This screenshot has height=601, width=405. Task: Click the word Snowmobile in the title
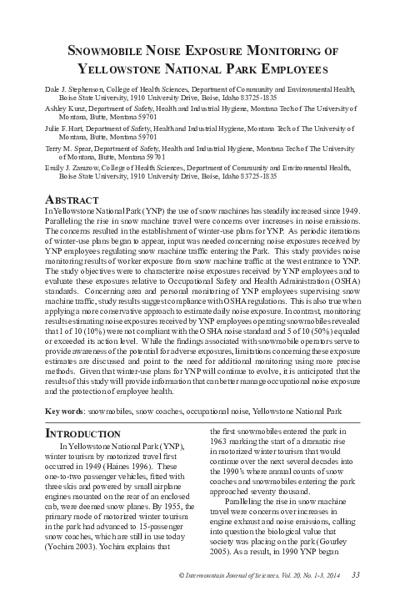(x=112, y=52)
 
